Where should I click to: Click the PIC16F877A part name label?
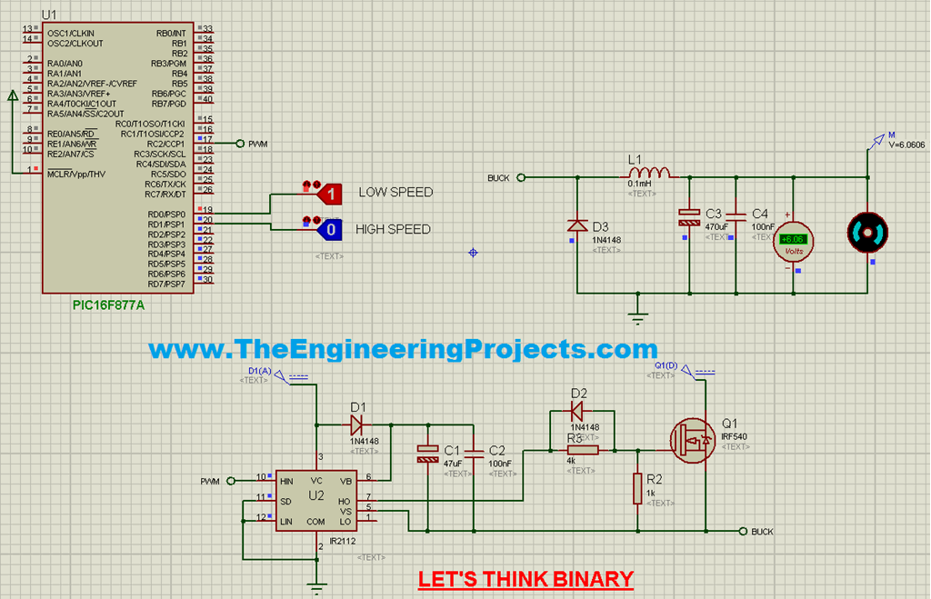click(108, 305)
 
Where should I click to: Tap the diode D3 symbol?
click(576, 225)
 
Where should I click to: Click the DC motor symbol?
click(866, 234)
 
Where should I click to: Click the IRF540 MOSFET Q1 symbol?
click(691, 441)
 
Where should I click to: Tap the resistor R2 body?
click(637, 489)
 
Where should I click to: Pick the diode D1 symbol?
click(355, 424)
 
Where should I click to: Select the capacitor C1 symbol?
click(425, 454)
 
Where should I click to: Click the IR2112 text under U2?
click(343, 541)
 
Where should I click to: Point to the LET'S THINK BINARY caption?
click(526, 579)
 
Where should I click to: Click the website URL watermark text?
click(403, 349)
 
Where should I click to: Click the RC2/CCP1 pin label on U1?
click(165, 144)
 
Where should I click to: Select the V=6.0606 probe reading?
click(906, 145)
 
